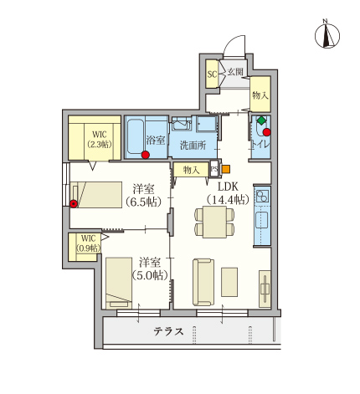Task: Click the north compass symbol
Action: tap(327, 35)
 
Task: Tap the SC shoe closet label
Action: tap(212, 74)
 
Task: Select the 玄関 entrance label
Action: tap(235, 72)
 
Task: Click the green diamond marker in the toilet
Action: tap(261, 120)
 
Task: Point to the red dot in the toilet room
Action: tap(267, 132)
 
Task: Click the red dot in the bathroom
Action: tap(145, 155)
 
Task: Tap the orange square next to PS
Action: tap(226, 169)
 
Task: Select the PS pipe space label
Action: tap(214, 169)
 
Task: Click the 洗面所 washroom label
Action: tap(193, 145)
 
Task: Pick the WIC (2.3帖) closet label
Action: tap(100, 139)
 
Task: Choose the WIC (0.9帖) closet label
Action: tap(89, 243)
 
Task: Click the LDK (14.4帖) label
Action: tap(228, 193)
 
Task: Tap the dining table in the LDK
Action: tap(214, 222)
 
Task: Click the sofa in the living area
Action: tap(203, 282)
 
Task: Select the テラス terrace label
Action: tap(168, 331)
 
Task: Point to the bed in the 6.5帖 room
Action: tap(96, 195)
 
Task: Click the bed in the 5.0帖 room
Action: tap(119, 283)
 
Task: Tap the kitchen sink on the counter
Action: tap(262, 219)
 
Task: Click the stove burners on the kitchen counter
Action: tap(262, 196)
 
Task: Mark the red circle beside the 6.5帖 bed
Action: tap(74, 204)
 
